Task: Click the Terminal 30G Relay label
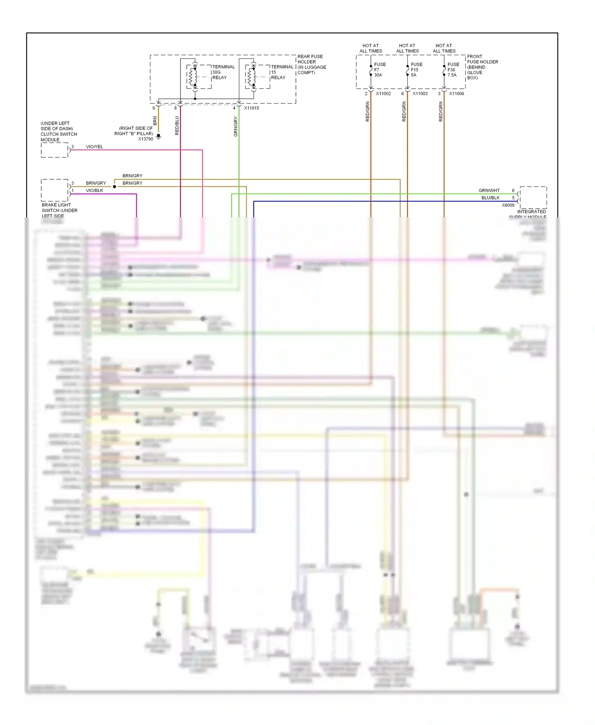pyautogui.click(x=223, y=72)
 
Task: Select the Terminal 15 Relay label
pyautogui.click(x=282, y=72)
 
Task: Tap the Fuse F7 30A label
pyautogui.click(x=380, y=70)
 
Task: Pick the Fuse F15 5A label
pyautogui.click(x=416, y=70)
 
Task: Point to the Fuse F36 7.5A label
pyautogui.click(x=453, y=70)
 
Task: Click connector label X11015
pyautogui.click(x=251, y=108)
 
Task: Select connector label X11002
pyautogui.click(x=383, y=94)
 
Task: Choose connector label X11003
pyautogui.click(x=420, y=94)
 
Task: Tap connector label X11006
pyautogui.click(x=456, y=94)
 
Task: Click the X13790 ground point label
pyautogui.click(x=145, y=139)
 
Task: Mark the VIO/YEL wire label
pyautogui.click(x=94, y=147)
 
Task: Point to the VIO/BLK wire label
pyautogui.click(x=94, y=190)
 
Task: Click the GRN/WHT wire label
pyautogui.click(x=489, y=190)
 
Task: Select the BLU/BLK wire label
pyautogui.click(x=490, y=198)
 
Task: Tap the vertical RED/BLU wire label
pyautogui.click(x=177, y=125)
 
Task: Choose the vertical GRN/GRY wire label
pyautogui.click(x=236, y=127)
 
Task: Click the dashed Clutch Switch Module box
pyautogui.click(x=55, y=150)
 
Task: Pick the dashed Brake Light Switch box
pyautogui.click(x=55, y=190)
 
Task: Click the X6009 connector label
pyautogui.click(x=508, y=205)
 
